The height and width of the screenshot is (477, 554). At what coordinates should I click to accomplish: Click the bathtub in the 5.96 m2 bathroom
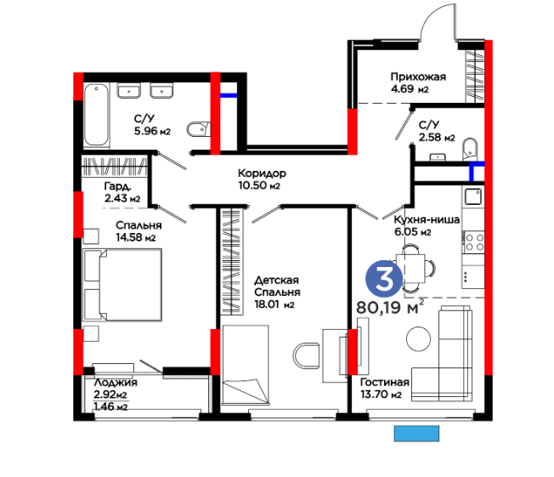[97, 115]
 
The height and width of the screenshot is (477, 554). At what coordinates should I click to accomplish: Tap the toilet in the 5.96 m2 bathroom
[199, 129]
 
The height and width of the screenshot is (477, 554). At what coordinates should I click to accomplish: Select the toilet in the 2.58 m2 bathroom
[470, 149]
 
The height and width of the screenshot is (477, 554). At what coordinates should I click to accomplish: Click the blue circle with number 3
[384, 279]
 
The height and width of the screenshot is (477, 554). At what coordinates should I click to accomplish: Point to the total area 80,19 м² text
[390, 307]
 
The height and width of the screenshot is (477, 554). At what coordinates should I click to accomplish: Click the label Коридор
[262, 173]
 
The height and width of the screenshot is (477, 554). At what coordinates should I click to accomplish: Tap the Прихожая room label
[418, 77]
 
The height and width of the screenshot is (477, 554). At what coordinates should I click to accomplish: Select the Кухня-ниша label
[427, 219]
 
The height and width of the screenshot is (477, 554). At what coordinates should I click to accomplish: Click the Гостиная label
[385, 382]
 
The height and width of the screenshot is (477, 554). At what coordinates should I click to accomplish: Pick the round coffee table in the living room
[418, 338]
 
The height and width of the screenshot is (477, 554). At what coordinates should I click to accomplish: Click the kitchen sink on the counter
[473, 196]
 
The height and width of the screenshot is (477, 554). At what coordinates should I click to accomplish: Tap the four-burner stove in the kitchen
[474, 242]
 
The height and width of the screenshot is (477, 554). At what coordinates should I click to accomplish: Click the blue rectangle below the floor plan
[416, 433]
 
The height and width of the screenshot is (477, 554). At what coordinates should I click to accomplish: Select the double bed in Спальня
[122, 285]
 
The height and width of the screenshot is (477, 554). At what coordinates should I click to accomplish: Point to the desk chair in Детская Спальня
[307, 355]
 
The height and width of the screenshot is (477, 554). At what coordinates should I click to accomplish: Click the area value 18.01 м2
[274, 304]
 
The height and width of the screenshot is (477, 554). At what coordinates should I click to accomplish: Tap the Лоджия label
[116, 383]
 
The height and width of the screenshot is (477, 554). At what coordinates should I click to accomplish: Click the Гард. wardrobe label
[118, 186]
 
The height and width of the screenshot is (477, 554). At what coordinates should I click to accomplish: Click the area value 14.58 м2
[136, 237]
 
